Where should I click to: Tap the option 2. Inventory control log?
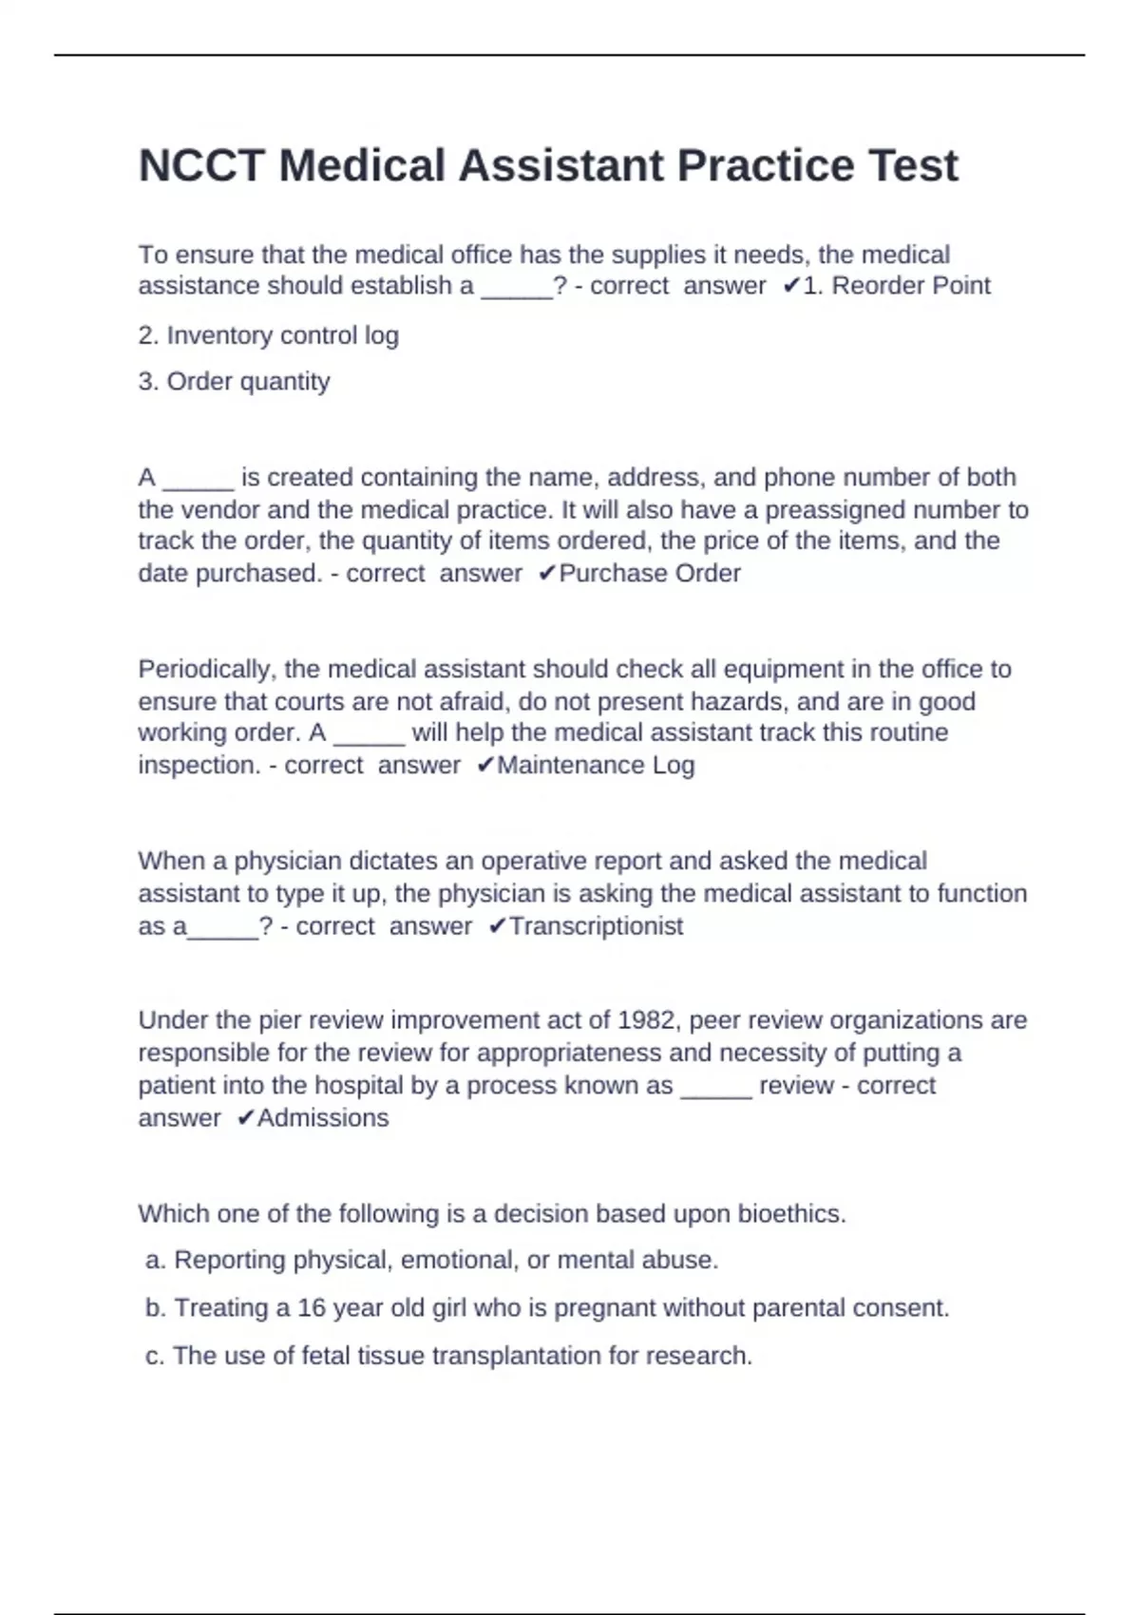coord(268,335)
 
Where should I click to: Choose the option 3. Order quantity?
coord(234,382)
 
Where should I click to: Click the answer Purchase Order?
coord(650,574)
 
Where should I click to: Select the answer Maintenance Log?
coord(596,766)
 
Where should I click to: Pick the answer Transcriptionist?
coord(596,926)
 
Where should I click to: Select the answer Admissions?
coord(323,1118)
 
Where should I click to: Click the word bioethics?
coord(791,1214)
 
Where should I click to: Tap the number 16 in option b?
coord(312,1308)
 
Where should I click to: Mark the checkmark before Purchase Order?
coord(546,574)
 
